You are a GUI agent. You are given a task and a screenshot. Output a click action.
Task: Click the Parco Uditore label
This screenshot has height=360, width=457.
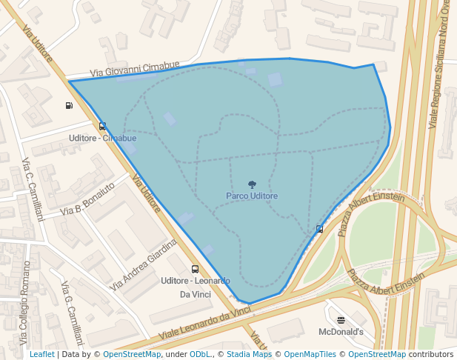click(x=252, y=196)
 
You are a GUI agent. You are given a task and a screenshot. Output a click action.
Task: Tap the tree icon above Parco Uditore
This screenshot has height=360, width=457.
click(x=252, y=184)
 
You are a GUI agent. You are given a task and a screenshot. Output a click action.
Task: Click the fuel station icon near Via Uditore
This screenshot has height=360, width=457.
click(x=69, y=105)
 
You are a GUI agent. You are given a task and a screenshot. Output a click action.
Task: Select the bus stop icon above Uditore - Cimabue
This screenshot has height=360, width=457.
click(x=102, y=126)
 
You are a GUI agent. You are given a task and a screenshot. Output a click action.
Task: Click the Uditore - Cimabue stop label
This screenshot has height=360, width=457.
click(x=102, y=138)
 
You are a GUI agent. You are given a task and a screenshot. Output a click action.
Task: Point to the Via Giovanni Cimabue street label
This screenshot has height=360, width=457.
click(x=135, y=69)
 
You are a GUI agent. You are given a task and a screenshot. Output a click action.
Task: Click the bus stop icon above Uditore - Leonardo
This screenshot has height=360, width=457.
click(x=195, y=270)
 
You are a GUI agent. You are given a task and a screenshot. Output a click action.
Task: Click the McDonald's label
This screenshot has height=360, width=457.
click(x=341, y=332)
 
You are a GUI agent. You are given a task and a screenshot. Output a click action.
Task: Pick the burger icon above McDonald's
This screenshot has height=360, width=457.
click(x=341, y=320)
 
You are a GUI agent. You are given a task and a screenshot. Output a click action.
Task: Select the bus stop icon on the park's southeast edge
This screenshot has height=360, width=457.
click(x=319, y=229)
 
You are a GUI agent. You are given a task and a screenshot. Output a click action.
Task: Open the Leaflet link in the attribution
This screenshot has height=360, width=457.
click(x=41, y=354)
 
